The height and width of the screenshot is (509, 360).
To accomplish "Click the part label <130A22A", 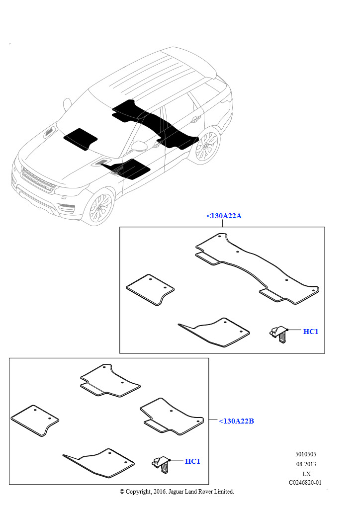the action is [224, 216].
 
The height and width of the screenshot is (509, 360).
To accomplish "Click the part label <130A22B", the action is [236, 421].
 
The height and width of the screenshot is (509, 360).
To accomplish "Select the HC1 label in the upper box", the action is [311, 332].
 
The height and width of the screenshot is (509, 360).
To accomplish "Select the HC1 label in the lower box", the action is [192, 461].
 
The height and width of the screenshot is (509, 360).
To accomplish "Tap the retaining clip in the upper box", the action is [278, 335].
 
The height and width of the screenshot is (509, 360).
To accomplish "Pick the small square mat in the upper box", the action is [150, 290].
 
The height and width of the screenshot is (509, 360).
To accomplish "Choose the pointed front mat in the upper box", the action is [214, 332].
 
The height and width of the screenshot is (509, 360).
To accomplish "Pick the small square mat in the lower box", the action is [35, 421].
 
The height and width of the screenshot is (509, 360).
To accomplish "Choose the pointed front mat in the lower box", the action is [99, 463].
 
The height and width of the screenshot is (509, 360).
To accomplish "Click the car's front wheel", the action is [100, 207].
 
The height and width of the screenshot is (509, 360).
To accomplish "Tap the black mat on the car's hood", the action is [80, 139].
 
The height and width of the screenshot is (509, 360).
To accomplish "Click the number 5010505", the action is [305, 454].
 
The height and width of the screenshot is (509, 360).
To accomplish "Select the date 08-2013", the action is [306, 464].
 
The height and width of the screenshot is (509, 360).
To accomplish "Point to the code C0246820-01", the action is [305, 482].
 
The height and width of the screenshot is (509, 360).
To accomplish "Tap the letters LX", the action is [306, 474].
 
